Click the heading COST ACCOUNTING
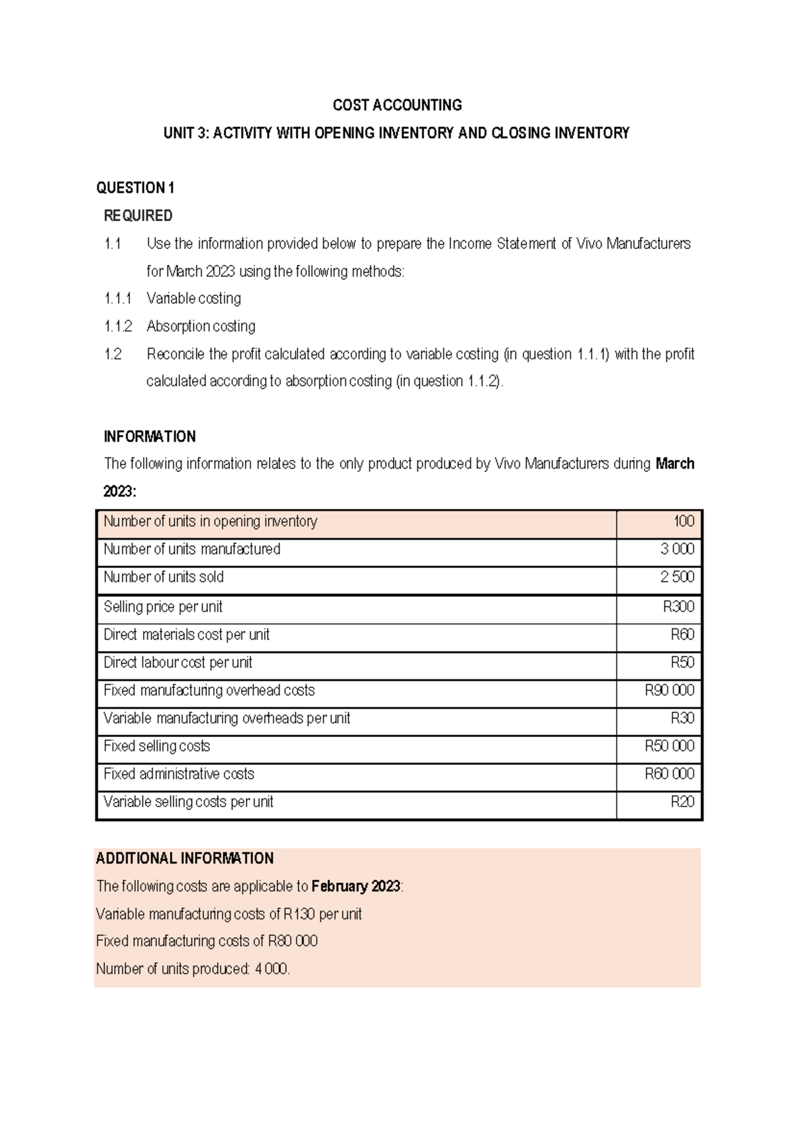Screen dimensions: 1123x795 (397, 105)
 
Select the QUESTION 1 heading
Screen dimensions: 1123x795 (135, 188)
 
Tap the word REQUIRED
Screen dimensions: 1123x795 (138, 216)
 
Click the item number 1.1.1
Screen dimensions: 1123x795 (117, 299)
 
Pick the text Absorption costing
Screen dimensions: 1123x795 (201, 326)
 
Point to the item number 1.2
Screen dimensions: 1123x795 (113, 354)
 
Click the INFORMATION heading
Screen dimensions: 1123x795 (150, 437)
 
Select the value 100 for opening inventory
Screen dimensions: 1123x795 (684, 522)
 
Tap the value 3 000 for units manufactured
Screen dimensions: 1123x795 (677, 550)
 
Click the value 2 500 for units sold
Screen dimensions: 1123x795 (677, 577)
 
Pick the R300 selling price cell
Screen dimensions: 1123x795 (678, 607)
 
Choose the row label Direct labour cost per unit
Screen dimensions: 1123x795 (178, 663)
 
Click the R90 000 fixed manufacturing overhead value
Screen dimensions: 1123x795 (669, 691)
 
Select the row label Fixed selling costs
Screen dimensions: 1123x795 (156, 746)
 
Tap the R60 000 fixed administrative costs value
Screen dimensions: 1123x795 (669, 774)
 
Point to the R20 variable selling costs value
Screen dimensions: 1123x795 (682, 802)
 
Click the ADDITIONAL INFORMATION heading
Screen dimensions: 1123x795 (184, 859)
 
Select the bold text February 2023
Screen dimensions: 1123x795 (356, 887)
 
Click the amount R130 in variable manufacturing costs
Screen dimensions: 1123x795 (299, 914)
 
